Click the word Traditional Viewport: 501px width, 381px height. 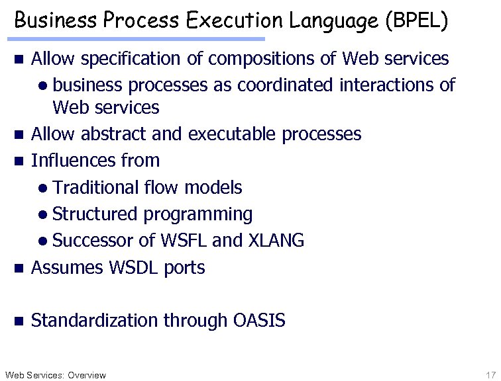coord(96,188)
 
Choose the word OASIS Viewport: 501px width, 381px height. coord(259,321)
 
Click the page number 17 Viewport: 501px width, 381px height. coord(490,375)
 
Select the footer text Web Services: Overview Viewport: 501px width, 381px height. coord(54,375)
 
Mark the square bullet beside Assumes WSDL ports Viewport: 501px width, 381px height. coord(19,269)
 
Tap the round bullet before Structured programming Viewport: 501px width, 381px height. coord(42,215)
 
